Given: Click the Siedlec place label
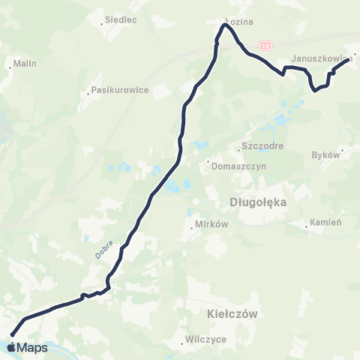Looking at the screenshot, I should pyautogui.click(x=121, y=20).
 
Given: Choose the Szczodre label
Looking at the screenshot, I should pyautogui.click(x=262, y=146).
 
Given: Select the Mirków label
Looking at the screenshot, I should pyautogui.click(x=205, y=225).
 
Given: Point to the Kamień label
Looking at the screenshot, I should pyautogui.click(x=328, y=223).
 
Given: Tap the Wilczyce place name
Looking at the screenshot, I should pyautogui.click(x=205, y=339).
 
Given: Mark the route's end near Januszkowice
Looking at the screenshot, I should pyautogui.click(x=349, y=62).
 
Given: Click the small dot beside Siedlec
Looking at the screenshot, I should pyautogui.click(x=102, y=25).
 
